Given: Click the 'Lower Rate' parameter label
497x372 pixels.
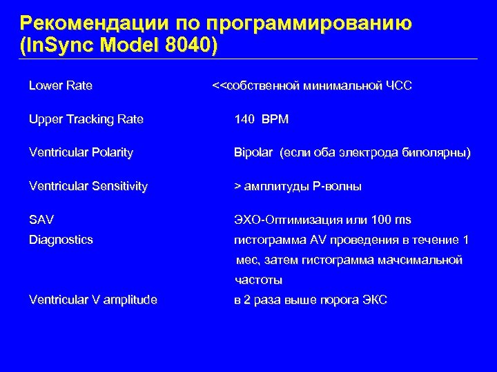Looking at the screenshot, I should [61, 86].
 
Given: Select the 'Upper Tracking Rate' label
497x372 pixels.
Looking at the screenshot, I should [86, 119].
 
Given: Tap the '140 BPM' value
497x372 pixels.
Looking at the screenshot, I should [262, 119].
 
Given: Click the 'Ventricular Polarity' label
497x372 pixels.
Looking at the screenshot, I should [81, 152].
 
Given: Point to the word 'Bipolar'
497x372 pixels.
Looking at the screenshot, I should [254, 152].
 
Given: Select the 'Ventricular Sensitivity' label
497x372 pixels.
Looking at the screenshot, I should [88, 186].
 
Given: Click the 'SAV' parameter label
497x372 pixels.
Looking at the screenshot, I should [41, 220].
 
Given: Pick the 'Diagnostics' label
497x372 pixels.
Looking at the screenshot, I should [61, 240].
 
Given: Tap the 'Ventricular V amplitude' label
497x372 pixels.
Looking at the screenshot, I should [93, 300].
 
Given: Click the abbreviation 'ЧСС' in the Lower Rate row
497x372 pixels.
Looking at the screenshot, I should [399, 86].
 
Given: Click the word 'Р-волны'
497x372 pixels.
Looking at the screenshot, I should [338, 186].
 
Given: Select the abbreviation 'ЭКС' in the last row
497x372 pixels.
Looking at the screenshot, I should [375, 300].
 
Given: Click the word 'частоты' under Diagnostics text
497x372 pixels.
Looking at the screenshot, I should [258, 280].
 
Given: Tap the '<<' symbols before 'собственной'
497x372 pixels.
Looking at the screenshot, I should [217, 86].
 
